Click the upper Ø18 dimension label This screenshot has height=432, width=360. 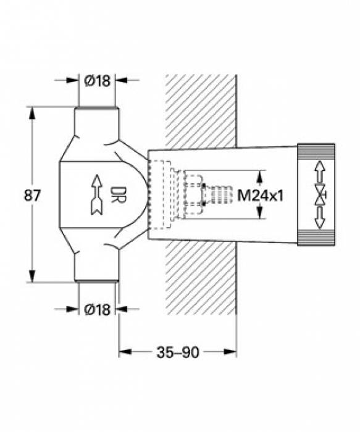98,81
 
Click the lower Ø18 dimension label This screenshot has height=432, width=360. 98,309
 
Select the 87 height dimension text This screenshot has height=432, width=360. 32,196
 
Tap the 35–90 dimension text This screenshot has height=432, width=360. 178,352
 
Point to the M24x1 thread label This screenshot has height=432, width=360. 261,196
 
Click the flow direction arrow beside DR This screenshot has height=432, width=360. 97,194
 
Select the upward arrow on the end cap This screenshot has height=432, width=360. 319,172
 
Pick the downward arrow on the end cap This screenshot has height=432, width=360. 319,218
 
